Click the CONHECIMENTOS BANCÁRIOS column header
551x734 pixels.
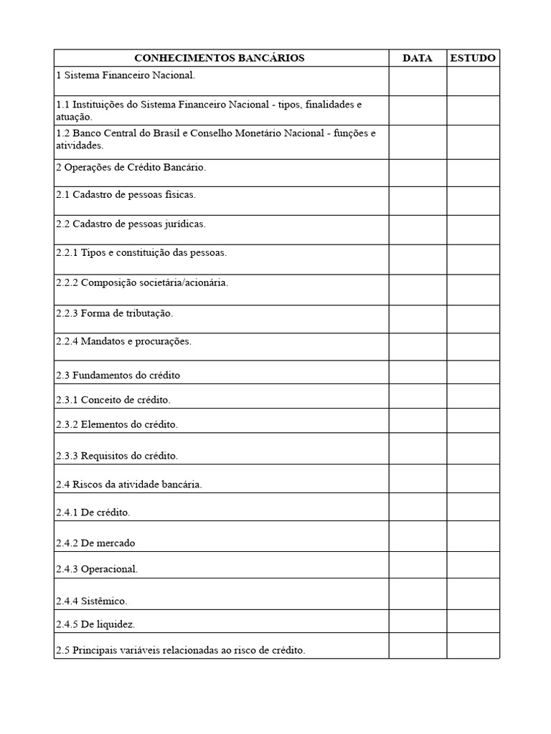click(220, 58)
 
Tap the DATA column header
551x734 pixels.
click(417, 58)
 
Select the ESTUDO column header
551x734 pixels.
click(472, 58)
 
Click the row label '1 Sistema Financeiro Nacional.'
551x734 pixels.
click(126, 75)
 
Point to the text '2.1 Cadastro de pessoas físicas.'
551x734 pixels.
click(126, 194)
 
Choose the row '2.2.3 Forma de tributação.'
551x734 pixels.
click(115, 313)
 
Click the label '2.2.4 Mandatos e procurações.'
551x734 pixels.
click(123, 342)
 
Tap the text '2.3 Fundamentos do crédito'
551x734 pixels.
click(118, 375)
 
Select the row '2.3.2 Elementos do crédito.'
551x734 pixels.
click(116, 424)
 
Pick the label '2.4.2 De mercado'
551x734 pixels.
click(95, 543)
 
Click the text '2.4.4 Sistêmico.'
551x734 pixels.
click(96, 601)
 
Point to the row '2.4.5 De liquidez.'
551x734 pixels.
click(95, 624)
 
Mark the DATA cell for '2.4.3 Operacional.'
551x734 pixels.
click(417, 565)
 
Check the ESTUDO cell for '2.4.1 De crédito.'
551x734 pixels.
click(472, 507)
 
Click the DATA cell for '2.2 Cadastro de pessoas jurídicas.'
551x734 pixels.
click(417, 229)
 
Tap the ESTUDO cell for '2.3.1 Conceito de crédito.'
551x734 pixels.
click(472, 396)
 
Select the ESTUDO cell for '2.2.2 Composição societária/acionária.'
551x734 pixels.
click(472, 289)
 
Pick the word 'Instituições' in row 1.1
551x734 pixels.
click(98, 105)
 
